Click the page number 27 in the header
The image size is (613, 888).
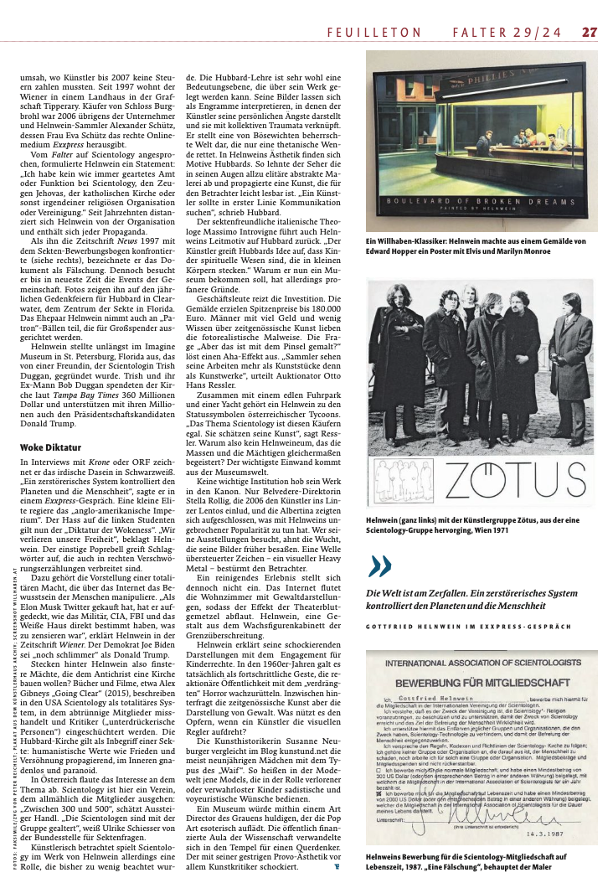pos(590,33)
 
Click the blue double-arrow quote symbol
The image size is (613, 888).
pos(379,567)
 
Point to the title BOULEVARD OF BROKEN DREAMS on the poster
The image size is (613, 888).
pos(482,202)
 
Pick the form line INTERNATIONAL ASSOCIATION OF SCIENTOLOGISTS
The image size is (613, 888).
pos(480,663)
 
